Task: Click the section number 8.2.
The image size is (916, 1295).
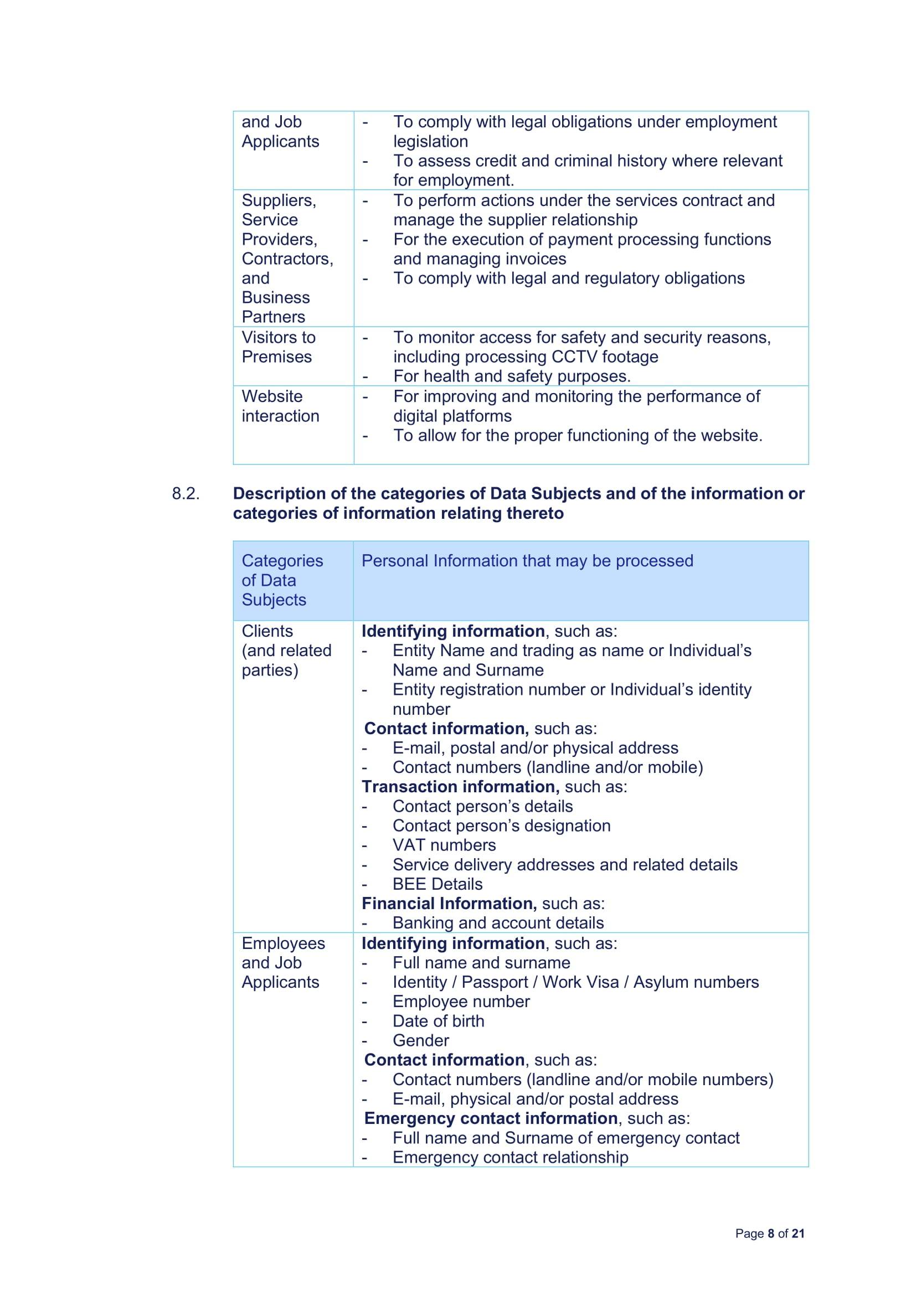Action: pos(186,493)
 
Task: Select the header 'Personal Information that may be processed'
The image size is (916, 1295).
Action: pos(527,561)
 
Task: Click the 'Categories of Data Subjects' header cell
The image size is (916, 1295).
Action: pos(282,580)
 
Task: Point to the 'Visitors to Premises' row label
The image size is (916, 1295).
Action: pos(278,347)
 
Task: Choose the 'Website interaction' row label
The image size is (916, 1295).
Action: pos(280,406)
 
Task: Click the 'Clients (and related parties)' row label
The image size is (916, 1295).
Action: pos(286,651)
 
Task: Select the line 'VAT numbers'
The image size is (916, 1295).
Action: pos(444,845)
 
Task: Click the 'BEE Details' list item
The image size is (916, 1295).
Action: pos(437,884)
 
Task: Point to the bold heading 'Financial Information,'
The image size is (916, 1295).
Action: pos(449,904)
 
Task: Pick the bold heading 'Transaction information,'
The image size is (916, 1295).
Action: pos(460,787)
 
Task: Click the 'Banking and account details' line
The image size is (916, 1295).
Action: pos(498,923)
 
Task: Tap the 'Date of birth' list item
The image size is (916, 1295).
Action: pos(438,1021)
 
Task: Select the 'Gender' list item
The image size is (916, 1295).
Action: pos(421,1040)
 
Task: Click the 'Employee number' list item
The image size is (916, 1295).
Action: pos(461,1001)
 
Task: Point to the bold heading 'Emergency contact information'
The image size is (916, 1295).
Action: pos(491,1118)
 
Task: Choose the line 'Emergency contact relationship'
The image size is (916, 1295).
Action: pos(510,1157)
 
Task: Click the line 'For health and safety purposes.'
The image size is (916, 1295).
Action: pos(512,376)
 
